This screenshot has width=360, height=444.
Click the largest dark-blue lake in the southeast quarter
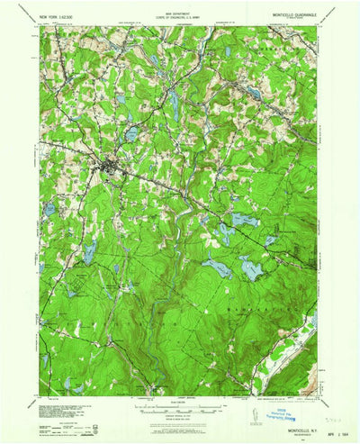click(250, 267)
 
